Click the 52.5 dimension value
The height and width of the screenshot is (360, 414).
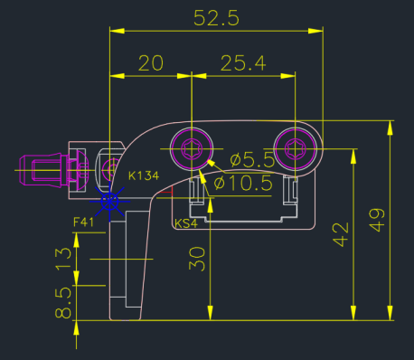(216, 18)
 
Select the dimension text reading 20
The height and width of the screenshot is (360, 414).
(151, 63)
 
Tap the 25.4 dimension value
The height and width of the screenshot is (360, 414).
(243, 63)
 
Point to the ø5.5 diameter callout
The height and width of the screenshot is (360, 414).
(252, 160)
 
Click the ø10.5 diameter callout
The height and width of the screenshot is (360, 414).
(243, 183)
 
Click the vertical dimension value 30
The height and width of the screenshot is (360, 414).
(197, 259)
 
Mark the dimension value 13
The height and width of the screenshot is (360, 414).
(63, 258)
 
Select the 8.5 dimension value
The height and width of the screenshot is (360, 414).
(63, 302)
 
